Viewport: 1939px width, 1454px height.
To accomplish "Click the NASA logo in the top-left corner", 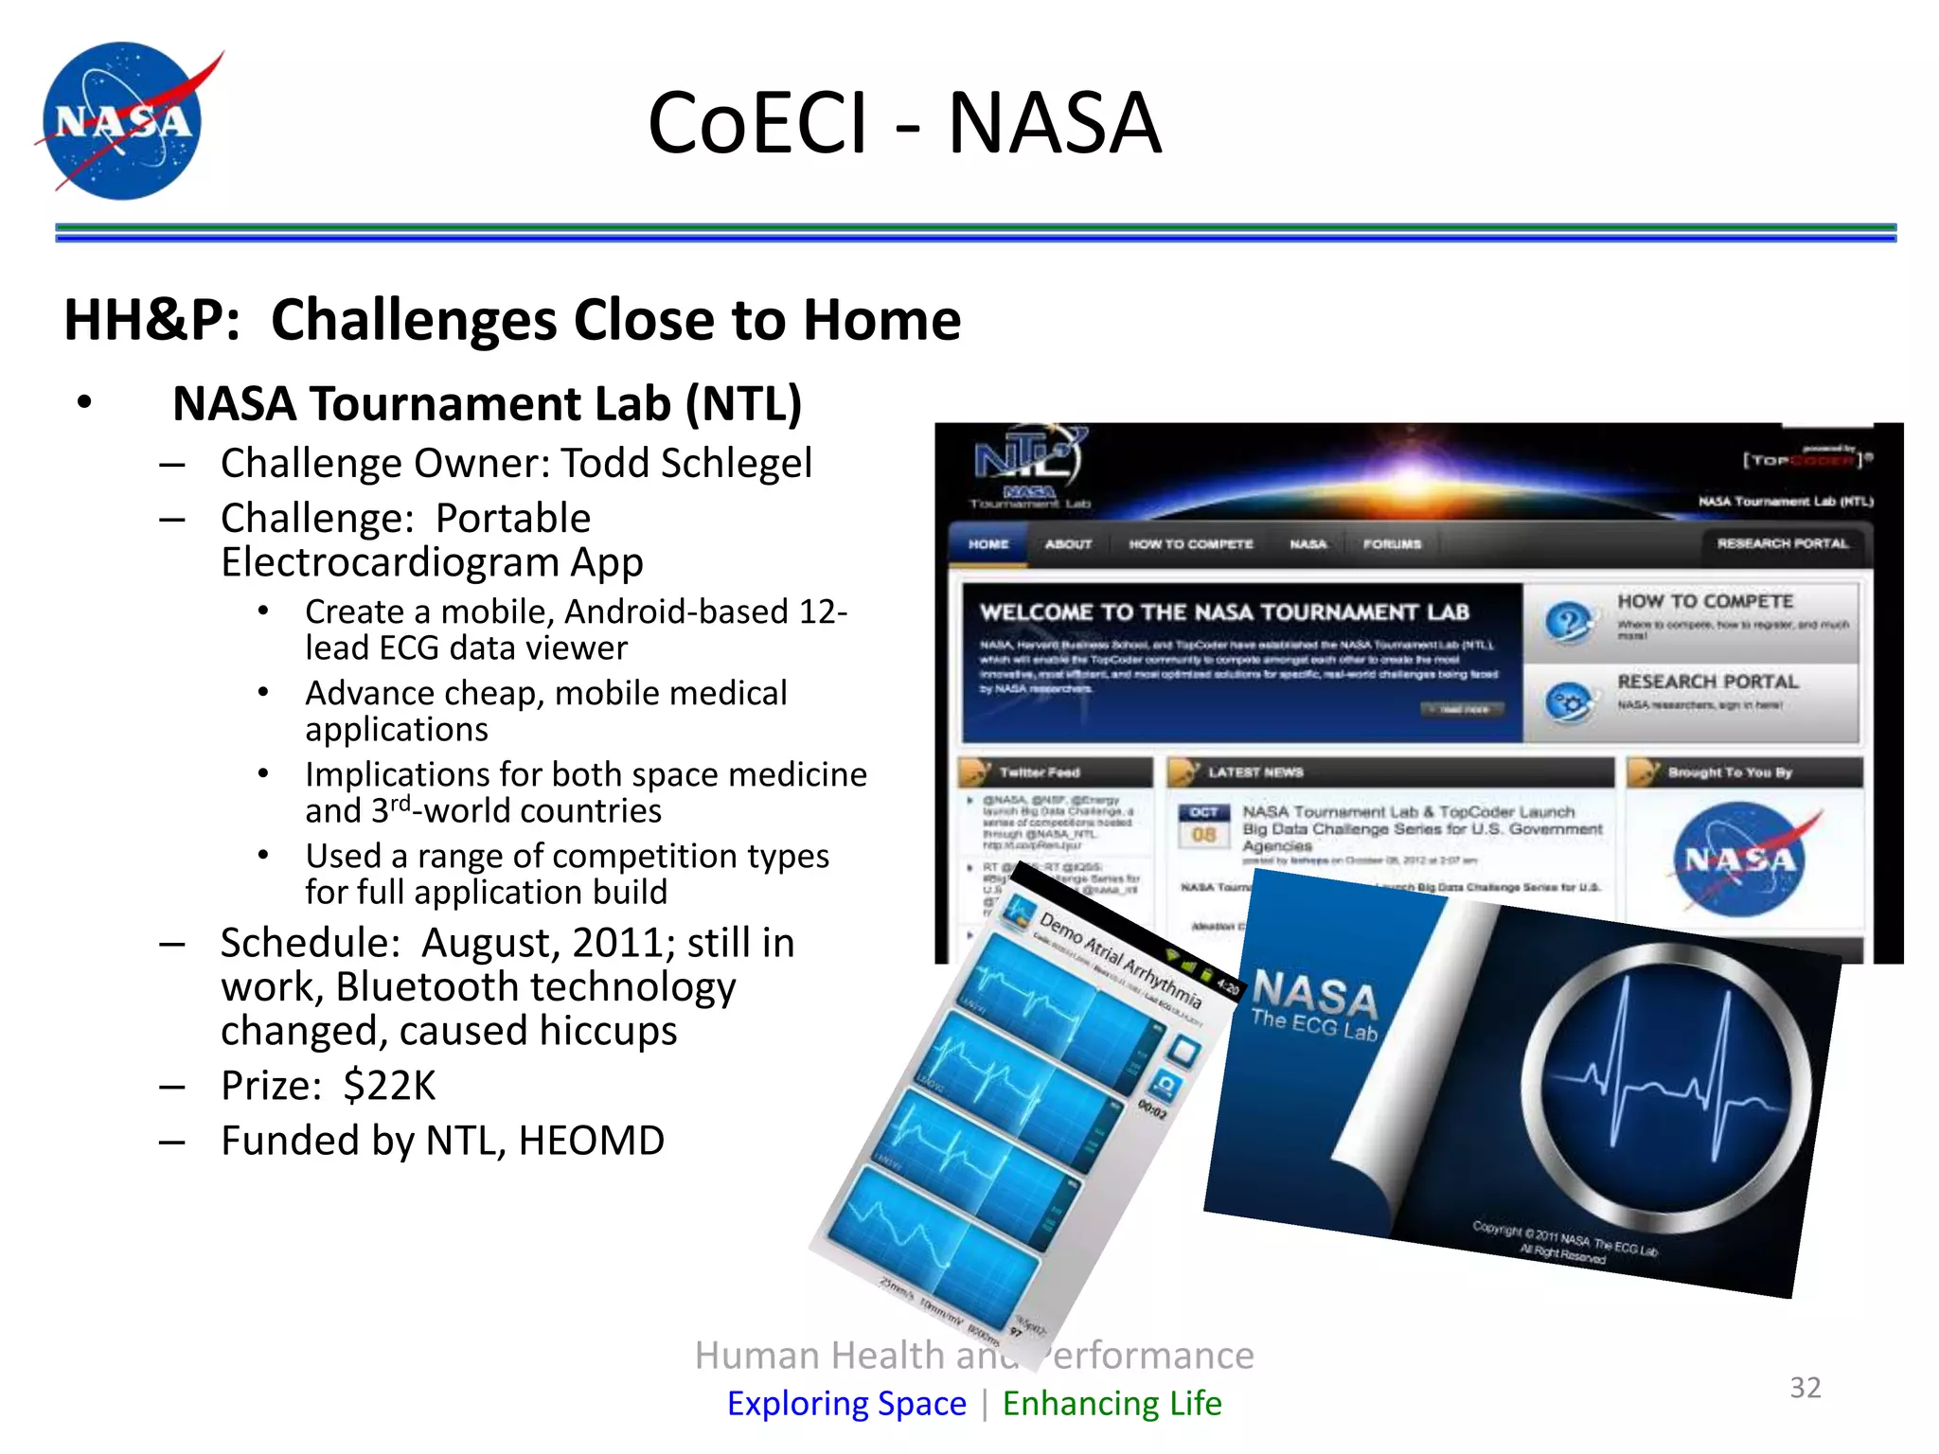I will pyautogui.click(x=123, y=121).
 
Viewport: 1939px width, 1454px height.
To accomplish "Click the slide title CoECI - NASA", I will pyautogui.click(x=904, y=123).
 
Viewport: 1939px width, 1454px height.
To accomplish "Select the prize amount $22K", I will pyautogui.click(x=389, y=1086).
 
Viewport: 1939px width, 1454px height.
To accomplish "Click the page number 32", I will pyautogui.click(x=1805, y=1387).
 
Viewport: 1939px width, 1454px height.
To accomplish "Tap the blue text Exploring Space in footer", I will pyautogui.click(x=846, y=1403).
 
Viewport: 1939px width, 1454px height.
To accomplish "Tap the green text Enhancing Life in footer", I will pyautogui.click(x=1112, y=1403).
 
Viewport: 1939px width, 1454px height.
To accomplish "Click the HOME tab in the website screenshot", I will pyautogui.click(x=988, y=544).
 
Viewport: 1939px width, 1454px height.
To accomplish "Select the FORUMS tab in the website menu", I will pyautogui.click(x=1392, y=544).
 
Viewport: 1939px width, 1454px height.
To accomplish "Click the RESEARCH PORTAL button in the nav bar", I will pyautogui.click(x=1782, y=543).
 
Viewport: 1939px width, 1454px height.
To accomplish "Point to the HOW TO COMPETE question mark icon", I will pyautogui.click(x=1569, y=623).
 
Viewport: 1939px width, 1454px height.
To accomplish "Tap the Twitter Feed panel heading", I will pyautogui.click(x=1039, y=772).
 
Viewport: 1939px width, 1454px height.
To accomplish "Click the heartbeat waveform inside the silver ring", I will pyautogui.click(x=1666, y=1089).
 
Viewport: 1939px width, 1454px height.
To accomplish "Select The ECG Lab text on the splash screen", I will pyautogui.click(x=1313, y=1025).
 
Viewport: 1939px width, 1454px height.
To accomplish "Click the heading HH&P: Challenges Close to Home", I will pyautogui.click(x=512, y=320).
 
